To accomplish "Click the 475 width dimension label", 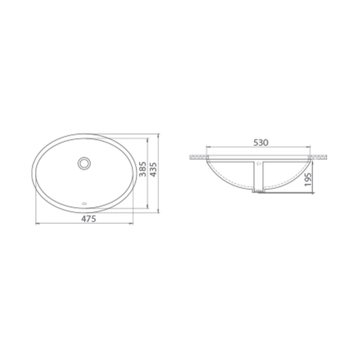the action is point(89,219).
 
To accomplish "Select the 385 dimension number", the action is point(143,169).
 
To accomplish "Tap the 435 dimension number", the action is point(153,170).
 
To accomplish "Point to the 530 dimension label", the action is point(261,143).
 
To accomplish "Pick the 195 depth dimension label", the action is point(308,180).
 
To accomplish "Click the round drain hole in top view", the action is point(84,163).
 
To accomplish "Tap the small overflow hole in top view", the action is point(84,203).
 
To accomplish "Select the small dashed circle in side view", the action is point(259,164).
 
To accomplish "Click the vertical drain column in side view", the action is point(258,175).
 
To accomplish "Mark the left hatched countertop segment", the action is point(199,157).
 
